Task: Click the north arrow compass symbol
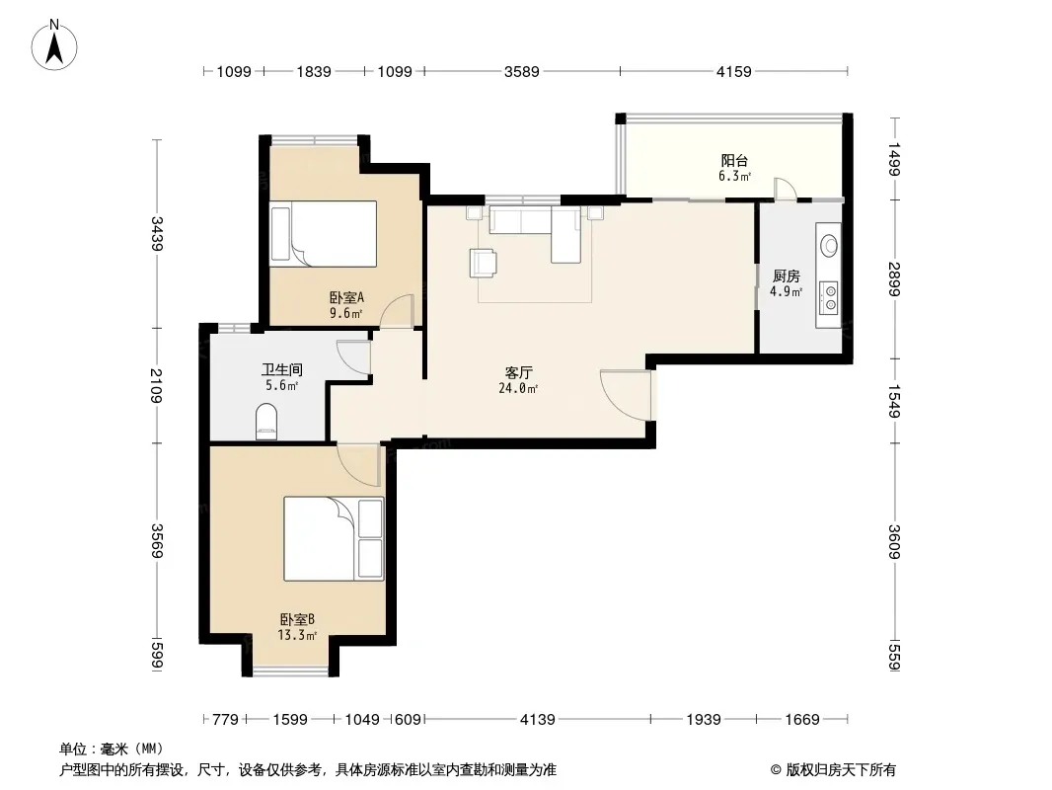(x=54, y=45)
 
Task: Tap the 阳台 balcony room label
(x=734, y=160)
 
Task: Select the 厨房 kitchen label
(x=786, y=276)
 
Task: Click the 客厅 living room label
(x=519, y=372)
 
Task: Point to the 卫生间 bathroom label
(x=282, y=370)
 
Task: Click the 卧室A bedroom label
(x=346, y=297)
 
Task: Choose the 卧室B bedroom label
(x=297, y=619)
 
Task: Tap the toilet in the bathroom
(x=266, y=422)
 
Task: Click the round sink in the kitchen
(x=829, y=246)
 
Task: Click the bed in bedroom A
(x=324, y=234)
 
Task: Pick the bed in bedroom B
(x=335, y=539)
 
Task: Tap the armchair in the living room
(x=483, y=263)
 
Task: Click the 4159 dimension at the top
(x=734, y=71)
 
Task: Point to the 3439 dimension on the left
(x=157, y=234)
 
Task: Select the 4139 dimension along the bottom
(x=538, y=720)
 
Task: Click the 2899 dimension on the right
(x=894, y=279)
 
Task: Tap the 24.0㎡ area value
(x=518, y=388)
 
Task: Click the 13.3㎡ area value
(x=297, y=635)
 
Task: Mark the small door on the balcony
(x=785, y=189)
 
